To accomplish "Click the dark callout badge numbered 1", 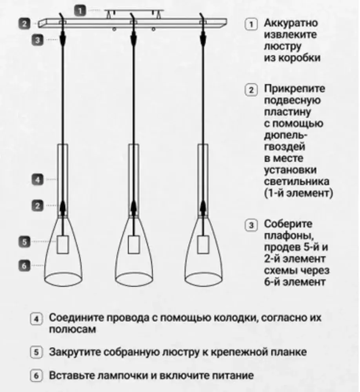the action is [x=80, y=11].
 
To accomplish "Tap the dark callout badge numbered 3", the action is [x=38, y=40].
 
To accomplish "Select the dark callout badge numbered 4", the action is [x=38, y=180].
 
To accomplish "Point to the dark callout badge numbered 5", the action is [x=25, y=242].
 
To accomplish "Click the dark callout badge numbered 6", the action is [x=25, y=265].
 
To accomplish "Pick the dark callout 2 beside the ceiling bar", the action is [x=25, y=24].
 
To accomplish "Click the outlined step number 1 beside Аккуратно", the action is [x=251, y=24].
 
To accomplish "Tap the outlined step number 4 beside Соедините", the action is [x=36, y=319].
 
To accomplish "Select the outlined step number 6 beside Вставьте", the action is [x=36, y=376].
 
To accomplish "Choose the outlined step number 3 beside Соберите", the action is [x=251, y=225].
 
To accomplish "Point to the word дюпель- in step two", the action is [x=286, y=135].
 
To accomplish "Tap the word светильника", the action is [x=297, y=181].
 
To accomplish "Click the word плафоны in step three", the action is [x=289, y=236].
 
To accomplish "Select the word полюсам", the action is [x=73, y=329].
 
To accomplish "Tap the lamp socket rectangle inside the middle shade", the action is [x=134, y=245].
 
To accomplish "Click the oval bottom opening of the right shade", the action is [x=204, y=279].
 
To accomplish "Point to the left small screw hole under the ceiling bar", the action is [x=115, y=29].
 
